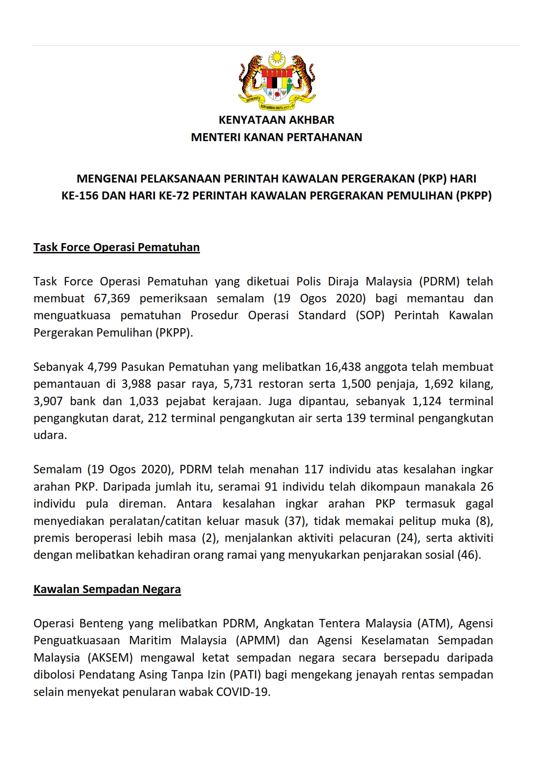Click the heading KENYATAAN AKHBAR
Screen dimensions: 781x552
tap(276, 120)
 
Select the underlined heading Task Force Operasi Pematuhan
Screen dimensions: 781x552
tap(116, 247)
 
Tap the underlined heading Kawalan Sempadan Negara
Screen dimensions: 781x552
tap(107, 589)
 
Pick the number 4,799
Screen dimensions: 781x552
tap(102, 367)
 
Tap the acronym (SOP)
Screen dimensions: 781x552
tap(370, 315)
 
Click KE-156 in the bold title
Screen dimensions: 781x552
tap(80, 196)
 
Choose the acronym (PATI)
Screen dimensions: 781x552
tap(245, 675)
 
